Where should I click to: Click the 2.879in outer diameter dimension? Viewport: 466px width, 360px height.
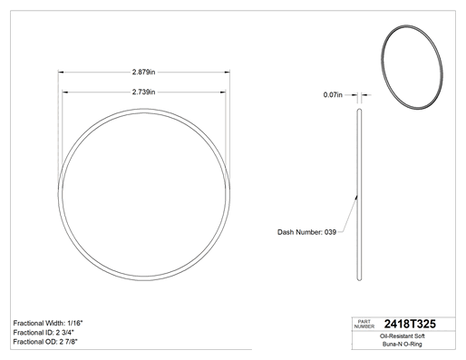[143, 72]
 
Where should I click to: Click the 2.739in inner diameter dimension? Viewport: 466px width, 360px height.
[143, 92]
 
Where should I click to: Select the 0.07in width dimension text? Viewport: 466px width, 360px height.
[333, 95]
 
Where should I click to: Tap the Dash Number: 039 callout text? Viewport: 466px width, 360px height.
[306, 232]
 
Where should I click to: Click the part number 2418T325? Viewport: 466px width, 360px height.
[410, 324]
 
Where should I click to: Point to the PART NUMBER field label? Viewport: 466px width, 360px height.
[364, 324]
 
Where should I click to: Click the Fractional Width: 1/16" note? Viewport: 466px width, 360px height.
[48, 323]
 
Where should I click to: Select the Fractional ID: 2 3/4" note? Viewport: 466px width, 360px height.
[44, 333]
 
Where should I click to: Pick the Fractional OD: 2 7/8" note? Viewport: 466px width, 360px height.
[45, 342]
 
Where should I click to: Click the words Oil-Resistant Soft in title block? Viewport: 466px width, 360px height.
[402, 336]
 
